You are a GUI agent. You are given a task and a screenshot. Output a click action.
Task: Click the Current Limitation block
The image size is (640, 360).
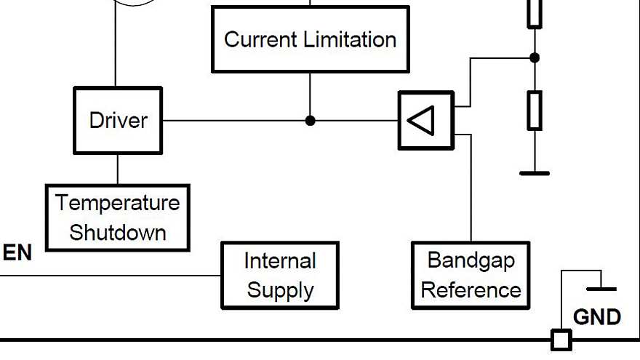click(x=310, y=39)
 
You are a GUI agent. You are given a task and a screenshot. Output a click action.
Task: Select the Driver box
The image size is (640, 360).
click(x=118, y=121)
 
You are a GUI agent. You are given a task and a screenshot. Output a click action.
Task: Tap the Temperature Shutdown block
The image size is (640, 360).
click(x=118, y=217)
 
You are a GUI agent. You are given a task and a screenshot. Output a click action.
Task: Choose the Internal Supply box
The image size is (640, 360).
click(x=280, y=276)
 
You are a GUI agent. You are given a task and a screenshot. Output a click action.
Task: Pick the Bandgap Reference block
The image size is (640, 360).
click(x=471, y=276)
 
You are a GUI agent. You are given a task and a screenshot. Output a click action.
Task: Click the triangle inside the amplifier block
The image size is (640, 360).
click(x=422, y=120)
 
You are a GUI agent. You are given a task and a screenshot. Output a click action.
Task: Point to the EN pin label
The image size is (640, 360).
click(x=17, y=253)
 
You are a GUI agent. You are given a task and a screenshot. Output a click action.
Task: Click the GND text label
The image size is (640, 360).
click(x=597, y=317)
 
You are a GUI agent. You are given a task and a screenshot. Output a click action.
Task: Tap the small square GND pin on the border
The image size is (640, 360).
click(x=561, y=340)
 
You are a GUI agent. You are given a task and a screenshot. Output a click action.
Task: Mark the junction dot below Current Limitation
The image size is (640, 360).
click(x=311, y=121)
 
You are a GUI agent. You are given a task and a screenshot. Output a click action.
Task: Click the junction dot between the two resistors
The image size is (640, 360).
click(x=535, y=57)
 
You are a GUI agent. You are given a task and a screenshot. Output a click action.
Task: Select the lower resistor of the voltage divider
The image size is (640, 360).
click(x=535, y=111)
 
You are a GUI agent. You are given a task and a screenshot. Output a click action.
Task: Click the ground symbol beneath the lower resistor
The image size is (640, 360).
click(x=535, y=172)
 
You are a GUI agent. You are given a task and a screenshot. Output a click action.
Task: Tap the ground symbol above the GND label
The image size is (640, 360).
click(x=601, y=288)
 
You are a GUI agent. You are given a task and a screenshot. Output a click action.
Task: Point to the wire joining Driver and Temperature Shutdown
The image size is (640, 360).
click(x=118, y=169)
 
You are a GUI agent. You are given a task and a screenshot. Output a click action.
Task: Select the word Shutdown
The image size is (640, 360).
click(x=118, y=233)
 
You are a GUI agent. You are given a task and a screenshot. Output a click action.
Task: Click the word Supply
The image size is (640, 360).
click(x=280, y=291)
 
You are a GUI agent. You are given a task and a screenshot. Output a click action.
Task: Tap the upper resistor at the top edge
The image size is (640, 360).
click(x=535, y=14)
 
